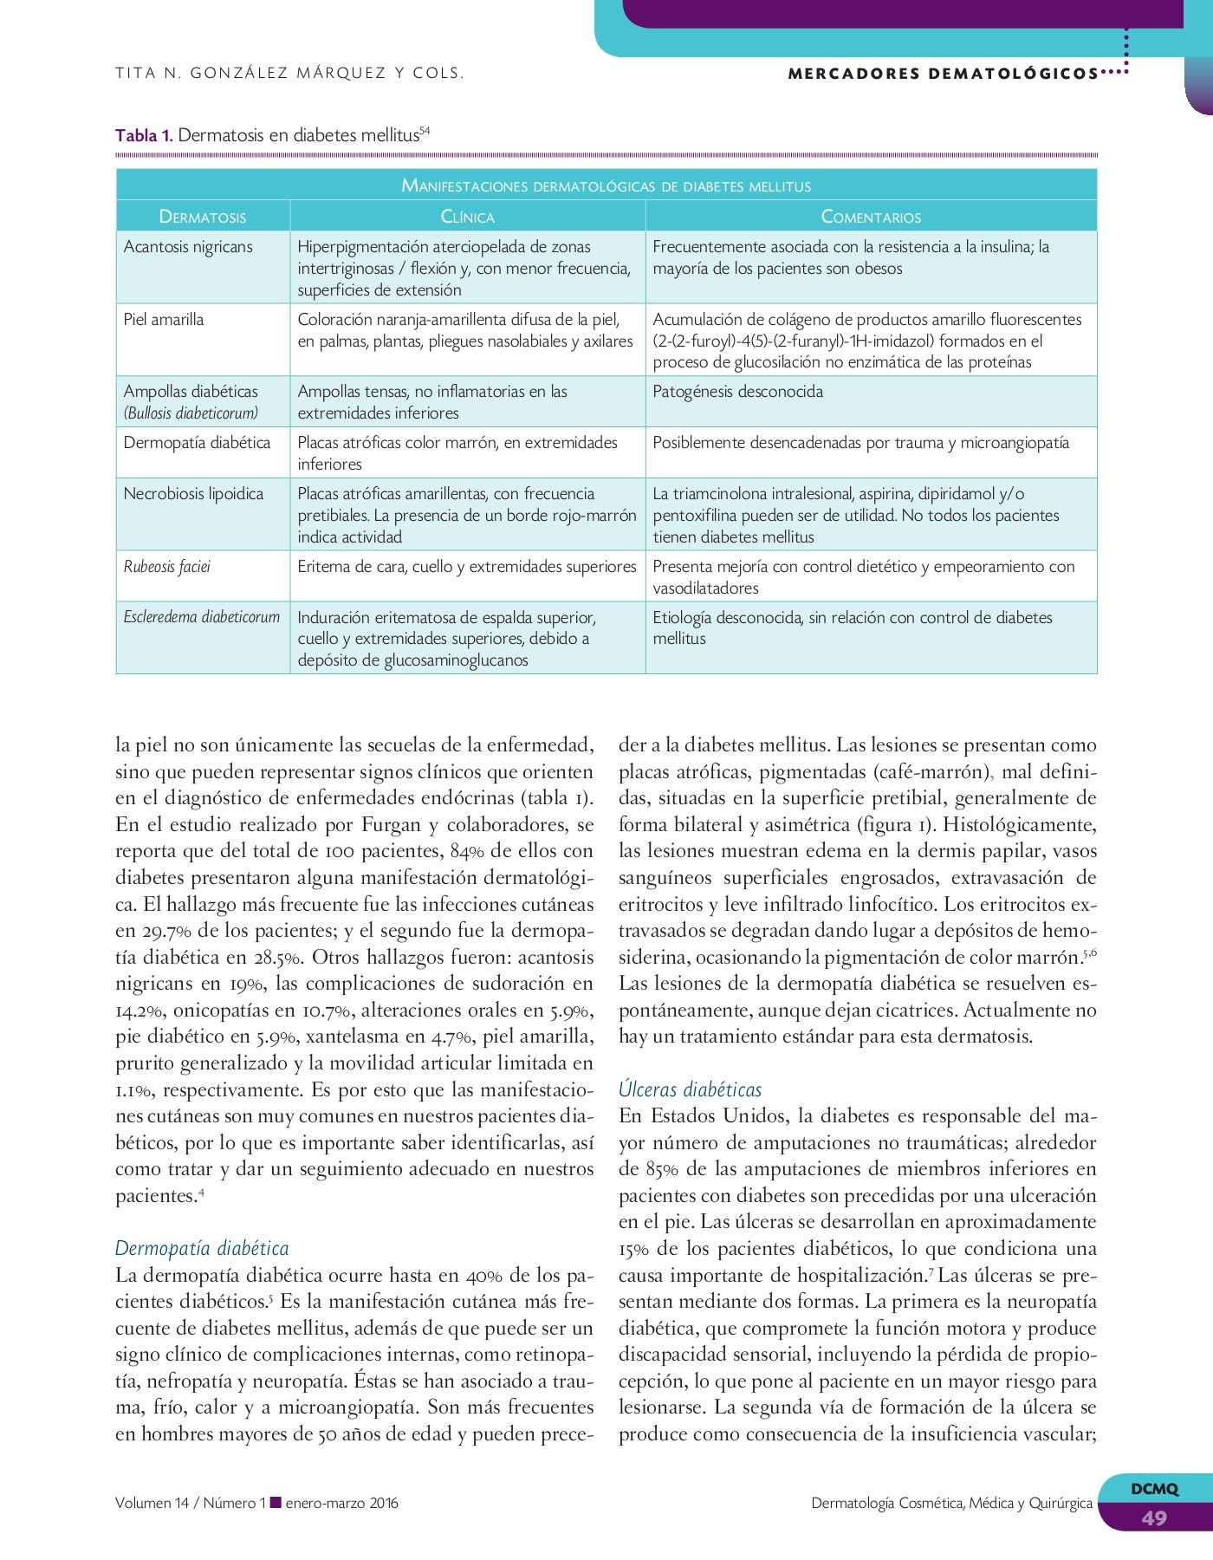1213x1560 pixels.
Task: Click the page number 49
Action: click(x=1153, y=1518)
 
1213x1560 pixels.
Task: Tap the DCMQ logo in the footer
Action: click(x=1154, y=1489)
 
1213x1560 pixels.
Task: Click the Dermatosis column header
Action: click(x=203, y=217)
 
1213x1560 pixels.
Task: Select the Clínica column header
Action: click(x=468, y=217)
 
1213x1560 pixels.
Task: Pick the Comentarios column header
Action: click(x=871, y=217)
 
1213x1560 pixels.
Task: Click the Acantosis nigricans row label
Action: click(x=188, y=247)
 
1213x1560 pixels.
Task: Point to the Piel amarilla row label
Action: click(x=164, y=320)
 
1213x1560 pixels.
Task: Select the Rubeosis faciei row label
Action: click(x=167, y=567)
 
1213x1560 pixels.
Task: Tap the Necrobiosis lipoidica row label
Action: click(x=193, y=494)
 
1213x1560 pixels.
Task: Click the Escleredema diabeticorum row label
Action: click(x=202, y=617)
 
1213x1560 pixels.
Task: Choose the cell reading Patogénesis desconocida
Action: click(x=737, y=392)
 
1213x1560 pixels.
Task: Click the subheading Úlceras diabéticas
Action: click(x=690, y=1089)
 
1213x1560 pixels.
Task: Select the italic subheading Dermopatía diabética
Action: click(x=202, y=1248)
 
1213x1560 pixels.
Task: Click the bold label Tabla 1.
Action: click(x=144, y=135)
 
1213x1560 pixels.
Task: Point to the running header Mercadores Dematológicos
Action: click(x=943, y=74)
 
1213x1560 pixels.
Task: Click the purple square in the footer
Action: click(x=276, y=1502)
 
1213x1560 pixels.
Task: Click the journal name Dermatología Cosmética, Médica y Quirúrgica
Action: click(x=951, y=1503)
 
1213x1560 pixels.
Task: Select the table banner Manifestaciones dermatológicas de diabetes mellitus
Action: click(x=606, y=185)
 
